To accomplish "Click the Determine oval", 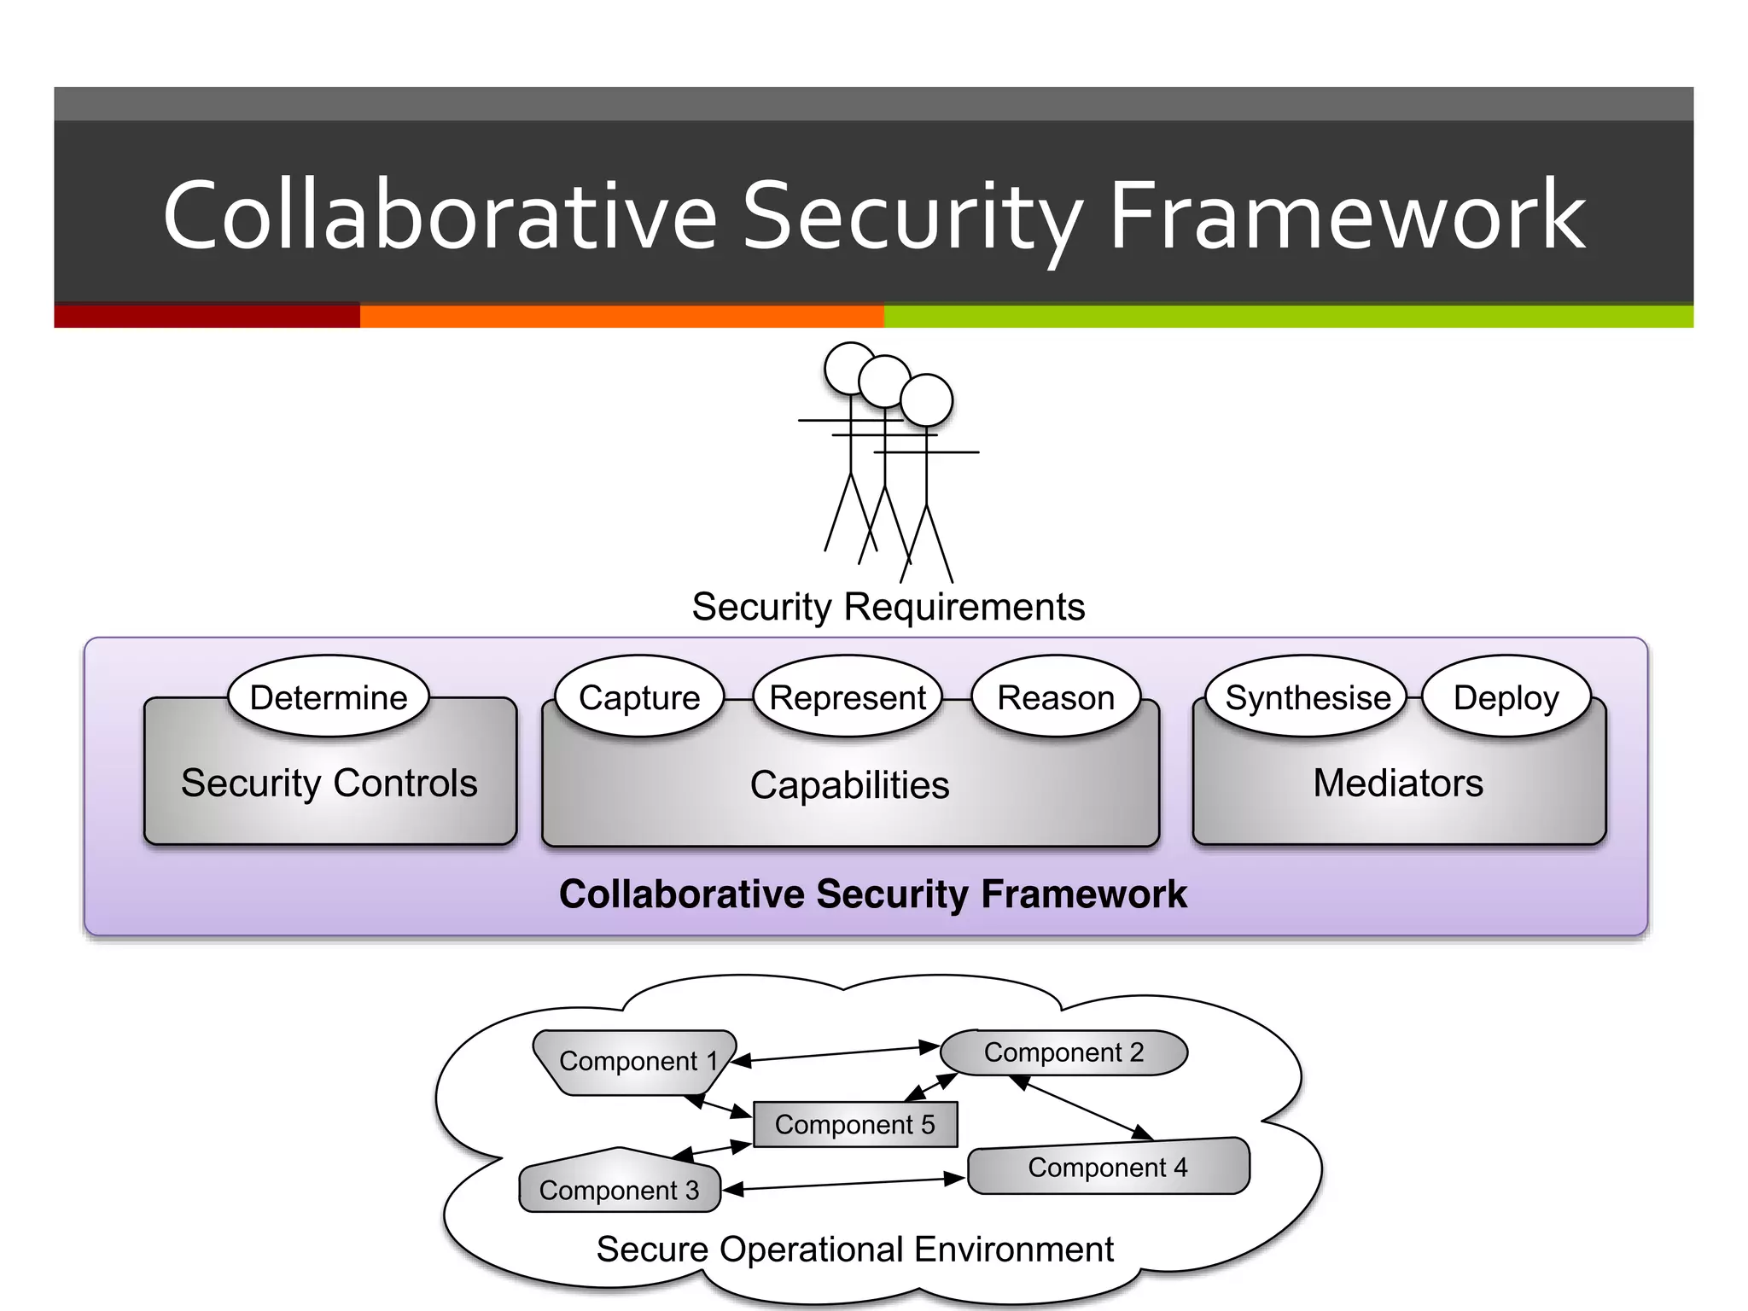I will coord(329,697).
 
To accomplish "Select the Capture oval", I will coord(639,697).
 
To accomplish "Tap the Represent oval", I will coord(848,697).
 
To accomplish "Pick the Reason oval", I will coord(1056,697).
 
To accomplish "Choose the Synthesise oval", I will coord(1307,697).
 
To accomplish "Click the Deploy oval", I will coord(1506,697).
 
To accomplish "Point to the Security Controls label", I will coord(329,783).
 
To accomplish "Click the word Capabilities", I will coord(849,785).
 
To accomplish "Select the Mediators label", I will coord(1398,783).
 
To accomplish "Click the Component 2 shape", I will coord(1063,1052).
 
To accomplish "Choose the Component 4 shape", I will coord(1108,1167).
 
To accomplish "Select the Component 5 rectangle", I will coord(855,1124).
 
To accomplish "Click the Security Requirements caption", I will coord(888,607).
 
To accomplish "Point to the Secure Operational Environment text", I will coord(854,1250).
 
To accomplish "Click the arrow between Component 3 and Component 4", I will coord(845,1184).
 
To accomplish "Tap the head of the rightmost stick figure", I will coord(926,399).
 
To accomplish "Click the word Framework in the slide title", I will coord(1347,215).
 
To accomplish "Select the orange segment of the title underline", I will coord(621,317).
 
